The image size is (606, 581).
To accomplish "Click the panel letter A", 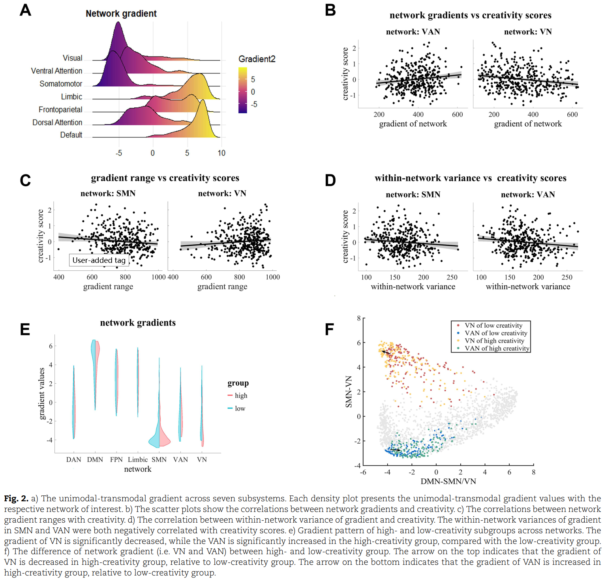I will click(25, 10).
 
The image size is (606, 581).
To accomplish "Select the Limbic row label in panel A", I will click(71, 97).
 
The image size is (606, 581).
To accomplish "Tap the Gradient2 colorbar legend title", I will click(257, 59).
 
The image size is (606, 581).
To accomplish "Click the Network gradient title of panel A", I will click(121, 14).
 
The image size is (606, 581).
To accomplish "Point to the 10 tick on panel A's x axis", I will click(221, 153).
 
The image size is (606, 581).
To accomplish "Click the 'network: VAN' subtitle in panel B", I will click(413, 32).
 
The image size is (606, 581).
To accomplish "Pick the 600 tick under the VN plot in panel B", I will click(572, 114).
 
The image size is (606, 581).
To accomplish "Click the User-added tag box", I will click(99, 260).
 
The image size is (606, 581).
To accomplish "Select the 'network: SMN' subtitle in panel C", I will click(108, 193).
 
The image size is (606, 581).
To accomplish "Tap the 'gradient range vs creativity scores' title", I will click(165, 178).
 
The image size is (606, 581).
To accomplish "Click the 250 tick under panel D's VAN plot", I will click(567, 277).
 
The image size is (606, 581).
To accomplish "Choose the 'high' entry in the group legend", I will click(241, 395).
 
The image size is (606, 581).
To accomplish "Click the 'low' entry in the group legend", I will click(240, 409).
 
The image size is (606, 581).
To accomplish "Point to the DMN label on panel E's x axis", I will click(95, 459).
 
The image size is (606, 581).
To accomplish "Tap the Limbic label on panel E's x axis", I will click(137, 459).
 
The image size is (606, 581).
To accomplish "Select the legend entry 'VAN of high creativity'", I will click(497, 349).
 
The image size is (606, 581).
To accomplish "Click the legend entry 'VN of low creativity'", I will click(493, 326).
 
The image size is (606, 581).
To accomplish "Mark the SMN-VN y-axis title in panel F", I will click(349, 392).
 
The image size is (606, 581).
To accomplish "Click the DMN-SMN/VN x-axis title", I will click(448, 482).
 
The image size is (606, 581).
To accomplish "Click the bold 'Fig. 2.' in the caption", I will click(16, 499).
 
